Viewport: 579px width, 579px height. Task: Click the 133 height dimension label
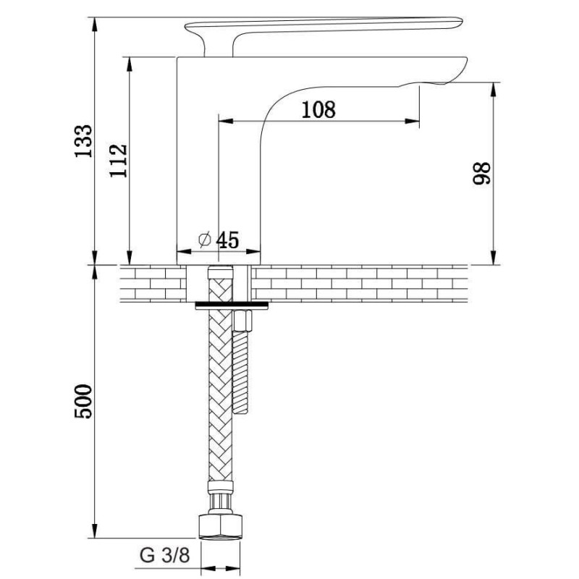83,141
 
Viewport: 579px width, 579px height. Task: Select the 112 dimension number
119,161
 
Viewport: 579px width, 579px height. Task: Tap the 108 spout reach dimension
318,110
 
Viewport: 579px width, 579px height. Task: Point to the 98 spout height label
482,173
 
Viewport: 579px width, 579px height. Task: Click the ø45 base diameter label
219,240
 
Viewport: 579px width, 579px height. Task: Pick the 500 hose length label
83,402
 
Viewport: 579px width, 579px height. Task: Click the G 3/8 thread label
165,555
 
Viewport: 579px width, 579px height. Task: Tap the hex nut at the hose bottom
221,526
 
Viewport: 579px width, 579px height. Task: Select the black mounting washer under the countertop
232,305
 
